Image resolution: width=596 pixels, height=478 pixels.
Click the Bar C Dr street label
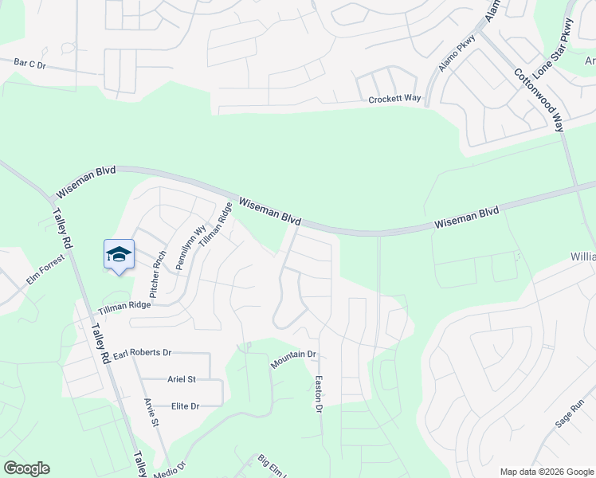pos(31,62)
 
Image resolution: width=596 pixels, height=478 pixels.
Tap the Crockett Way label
pos(394,99)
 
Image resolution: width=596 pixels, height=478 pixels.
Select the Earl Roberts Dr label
pos(143,352)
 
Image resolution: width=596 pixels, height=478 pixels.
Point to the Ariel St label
pos(182,379)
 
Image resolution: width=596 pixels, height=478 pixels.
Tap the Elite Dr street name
pos(185,406)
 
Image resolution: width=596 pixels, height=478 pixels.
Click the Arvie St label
pos(150,412)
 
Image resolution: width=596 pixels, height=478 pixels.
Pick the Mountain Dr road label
pos(293,359)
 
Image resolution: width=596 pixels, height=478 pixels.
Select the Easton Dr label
pos(318,394)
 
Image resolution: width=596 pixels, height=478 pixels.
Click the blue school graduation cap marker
pos(119,254)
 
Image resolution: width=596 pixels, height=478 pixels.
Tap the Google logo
pos(26,468)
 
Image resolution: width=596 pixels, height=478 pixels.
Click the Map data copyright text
pos(547,472)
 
